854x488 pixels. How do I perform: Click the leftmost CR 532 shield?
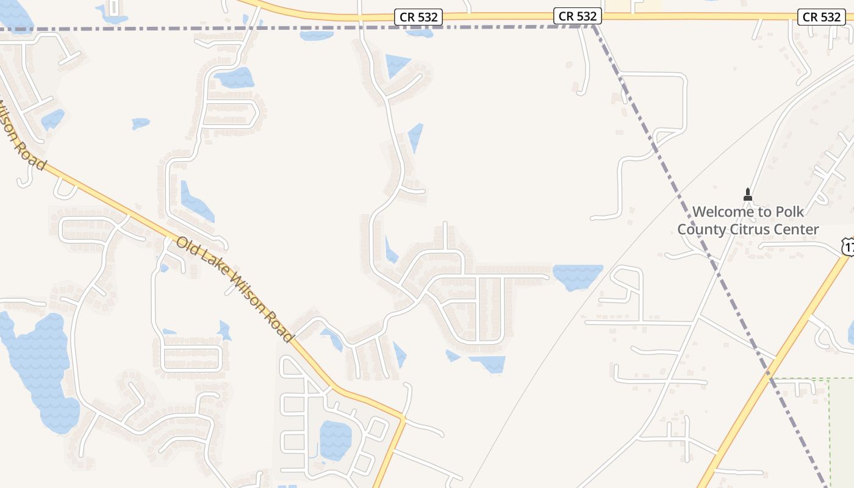(418, 17)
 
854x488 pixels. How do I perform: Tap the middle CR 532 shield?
(578, 16)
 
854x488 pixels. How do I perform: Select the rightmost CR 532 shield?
(822, 17)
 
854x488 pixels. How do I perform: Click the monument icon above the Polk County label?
(748, 195)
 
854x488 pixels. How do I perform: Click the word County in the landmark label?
(700, 229)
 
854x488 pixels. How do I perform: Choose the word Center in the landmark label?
(795, 229)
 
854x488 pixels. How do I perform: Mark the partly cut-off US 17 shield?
(848, 246)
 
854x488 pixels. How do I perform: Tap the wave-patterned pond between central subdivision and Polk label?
(577, 277)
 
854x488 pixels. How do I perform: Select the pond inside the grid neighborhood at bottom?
(335, 439)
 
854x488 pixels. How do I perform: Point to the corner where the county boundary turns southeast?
(594, 27)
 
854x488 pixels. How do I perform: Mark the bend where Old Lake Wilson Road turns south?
(403, 418)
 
